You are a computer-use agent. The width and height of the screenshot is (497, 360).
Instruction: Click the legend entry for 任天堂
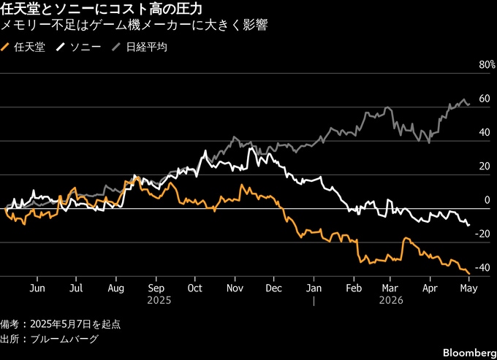[23, 47]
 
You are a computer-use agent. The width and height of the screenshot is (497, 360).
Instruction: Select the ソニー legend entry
[79, 47]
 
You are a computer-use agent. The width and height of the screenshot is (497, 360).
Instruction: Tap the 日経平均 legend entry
[140, 47]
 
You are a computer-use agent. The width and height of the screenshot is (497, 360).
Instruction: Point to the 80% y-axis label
[487, 65]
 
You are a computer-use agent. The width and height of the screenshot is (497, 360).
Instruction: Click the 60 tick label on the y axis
[485, 99]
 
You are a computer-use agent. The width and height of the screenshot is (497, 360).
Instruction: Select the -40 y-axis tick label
[482, 267]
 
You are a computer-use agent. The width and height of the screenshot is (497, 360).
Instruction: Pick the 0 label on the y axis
[487, 200]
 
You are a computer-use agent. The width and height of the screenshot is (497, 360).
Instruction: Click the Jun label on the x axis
[37, 288]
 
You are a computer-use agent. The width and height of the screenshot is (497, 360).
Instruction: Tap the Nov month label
[235, 288]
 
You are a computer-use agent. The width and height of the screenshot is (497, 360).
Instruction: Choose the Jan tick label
[314, 288]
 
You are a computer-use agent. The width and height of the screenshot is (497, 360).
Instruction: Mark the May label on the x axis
[468, 288]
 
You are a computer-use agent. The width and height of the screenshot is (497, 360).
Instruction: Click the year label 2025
[159, 300]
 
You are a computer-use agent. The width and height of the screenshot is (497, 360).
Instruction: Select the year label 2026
[391, 300]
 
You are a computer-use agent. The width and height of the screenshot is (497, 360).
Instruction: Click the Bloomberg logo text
[470, 353]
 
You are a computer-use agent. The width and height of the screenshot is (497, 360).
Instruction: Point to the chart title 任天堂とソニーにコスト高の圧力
[101, 9]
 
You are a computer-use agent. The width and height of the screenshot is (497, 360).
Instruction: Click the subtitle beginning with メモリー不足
[134, 25]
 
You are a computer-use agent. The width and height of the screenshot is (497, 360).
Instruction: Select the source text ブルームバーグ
[64, 339]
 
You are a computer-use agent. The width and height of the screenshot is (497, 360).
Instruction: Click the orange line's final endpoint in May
[469, 274]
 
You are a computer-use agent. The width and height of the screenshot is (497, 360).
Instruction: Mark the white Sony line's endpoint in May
[468, 225]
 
